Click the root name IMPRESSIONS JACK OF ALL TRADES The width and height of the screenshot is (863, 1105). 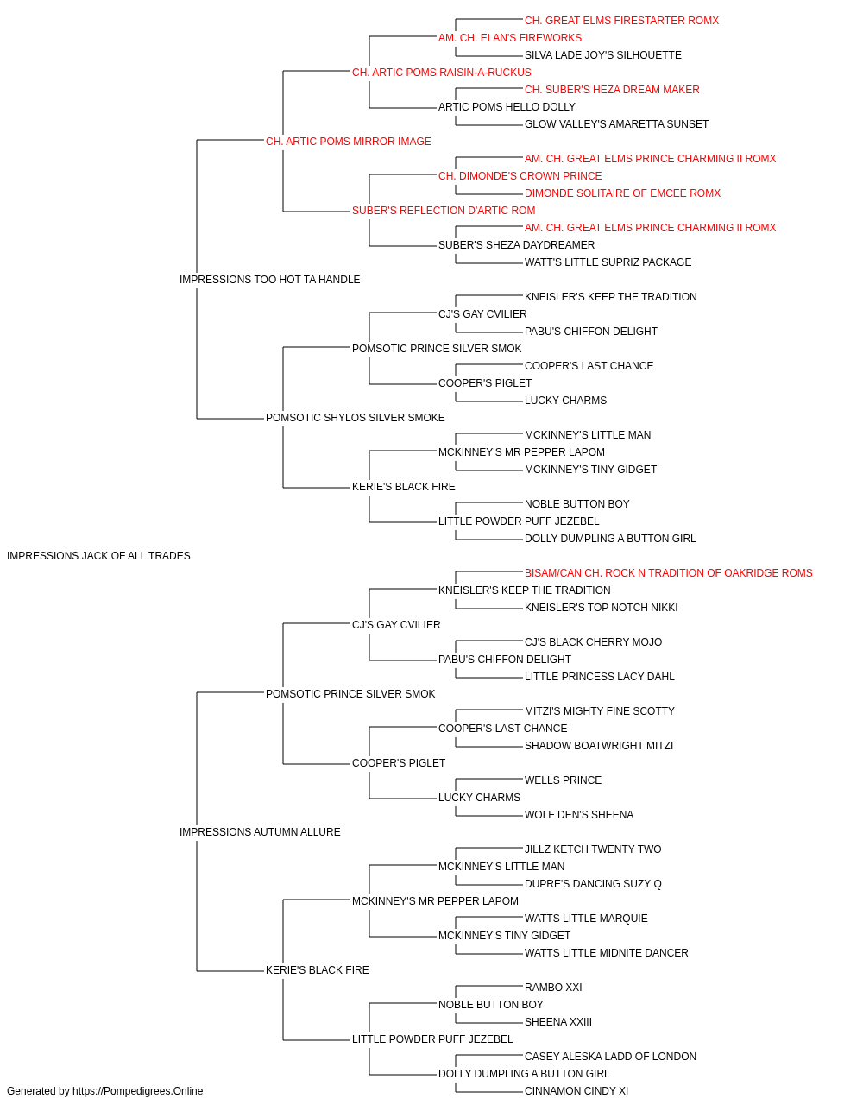98,556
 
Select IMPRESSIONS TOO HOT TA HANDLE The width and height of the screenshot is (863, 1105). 269,280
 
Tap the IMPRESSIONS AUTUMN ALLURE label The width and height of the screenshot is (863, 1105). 260,832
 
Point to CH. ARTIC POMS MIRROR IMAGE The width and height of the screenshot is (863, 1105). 348,142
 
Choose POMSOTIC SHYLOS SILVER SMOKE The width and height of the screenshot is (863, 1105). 355,418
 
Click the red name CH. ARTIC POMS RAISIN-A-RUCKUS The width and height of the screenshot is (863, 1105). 441,73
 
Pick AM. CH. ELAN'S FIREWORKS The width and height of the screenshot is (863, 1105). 510,38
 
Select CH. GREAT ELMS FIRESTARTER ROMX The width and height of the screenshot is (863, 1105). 621,21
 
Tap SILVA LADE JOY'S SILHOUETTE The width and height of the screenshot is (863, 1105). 602,55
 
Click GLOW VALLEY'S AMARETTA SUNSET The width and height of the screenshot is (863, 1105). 616,124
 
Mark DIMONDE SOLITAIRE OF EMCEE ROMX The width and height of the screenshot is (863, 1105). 622,193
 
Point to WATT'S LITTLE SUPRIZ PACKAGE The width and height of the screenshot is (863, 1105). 608,262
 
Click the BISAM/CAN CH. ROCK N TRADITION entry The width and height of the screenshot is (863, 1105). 668,573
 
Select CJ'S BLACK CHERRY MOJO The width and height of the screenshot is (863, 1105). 593,642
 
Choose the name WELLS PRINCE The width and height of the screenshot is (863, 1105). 563,780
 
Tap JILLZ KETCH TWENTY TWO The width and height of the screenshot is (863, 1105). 593,849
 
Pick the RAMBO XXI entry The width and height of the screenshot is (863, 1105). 553,988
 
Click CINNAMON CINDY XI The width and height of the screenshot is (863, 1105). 576,1091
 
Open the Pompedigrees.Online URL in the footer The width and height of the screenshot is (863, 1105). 137,1091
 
